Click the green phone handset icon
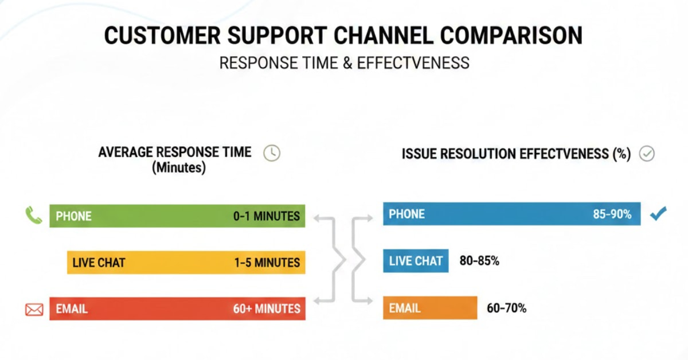34,216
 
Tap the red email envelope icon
34,310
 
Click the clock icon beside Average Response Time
272,153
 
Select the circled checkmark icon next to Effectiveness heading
647,154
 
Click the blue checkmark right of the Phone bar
659,215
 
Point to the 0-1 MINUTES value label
266,216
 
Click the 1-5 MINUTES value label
266,263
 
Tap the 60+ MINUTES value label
266,308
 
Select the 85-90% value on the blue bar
612,214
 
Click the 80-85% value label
479,261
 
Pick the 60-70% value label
506,308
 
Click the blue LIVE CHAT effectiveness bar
416,261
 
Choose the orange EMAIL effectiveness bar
429,308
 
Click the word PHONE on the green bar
73,216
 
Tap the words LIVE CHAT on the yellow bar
99,263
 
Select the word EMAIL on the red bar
72,309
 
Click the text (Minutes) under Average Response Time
178,169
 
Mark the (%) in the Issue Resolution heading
622,154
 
